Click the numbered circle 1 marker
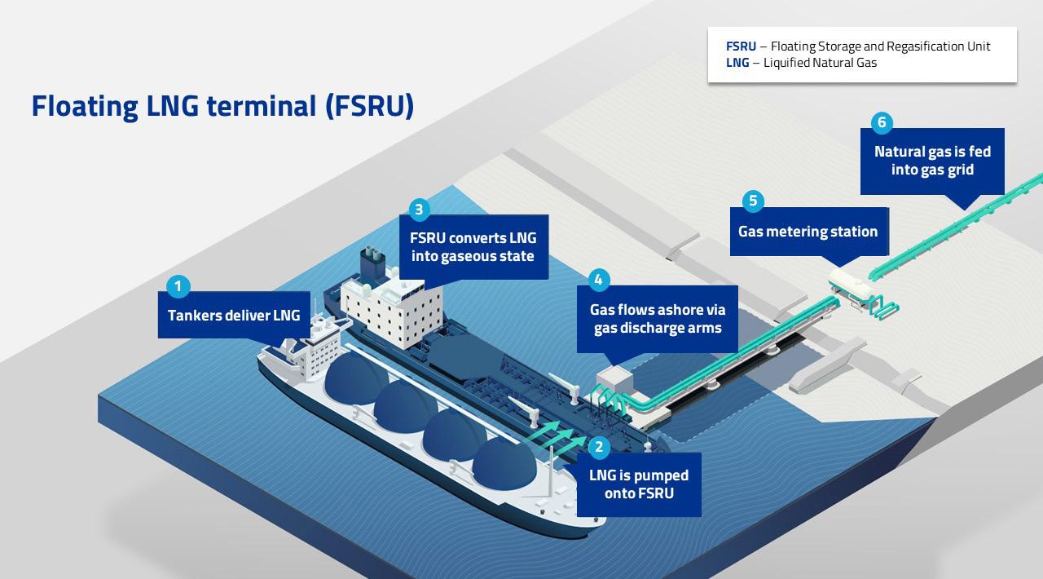coord(178,286)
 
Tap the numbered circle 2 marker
coord(599,446)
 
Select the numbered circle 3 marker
coord(418,210)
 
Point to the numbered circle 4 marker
coord(598,280)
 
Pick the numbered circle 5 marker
coord(752,201)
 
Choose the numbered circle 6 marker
coord(881,123)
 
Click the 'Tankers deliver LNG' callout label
coord(234,315)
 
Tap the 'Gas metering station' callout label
coord(808,232)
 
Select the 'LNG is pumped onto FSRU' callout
coord(639,484)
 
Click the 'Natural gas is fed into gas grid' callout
coord(932,161)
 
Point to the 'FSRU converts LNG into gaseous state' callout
coord(473,247)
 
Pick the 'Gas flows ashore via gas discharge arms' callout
coord(657,319)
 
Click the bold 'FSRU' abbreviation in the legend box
coord(741,46)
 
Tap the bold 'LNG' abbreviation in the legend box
coord(737,63)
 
